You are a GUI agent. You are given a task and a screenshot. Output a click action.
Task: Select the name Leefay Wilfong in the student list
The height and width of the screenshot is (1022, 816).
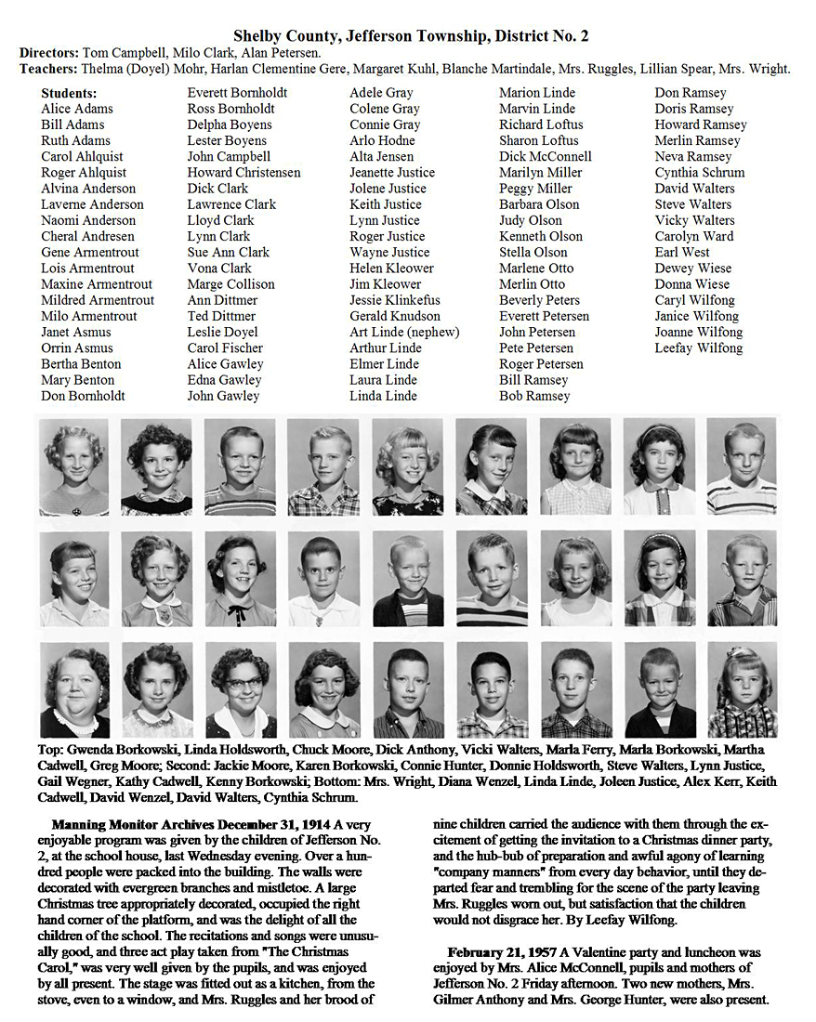pos(698,347)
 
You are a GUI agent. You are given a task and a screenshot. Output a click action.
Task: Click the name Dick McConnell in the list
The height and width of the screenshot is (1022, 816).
pos(545,156)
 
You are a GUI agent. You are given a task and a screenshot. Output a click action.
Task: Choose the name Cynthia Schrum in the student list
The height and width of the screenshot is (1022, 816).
pos(699,172)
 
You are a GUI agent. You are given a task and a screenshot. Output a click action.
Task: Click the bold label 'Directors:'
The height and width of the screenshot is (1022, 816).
pos(49,53)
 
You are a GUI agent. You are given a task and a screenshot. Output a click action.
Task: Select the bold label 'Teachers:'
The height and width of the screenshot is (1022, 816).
pos(48,69)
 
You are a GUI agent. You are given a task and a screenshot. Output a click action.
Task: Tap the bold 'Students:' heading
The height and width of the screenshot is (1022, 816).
pos(69,93)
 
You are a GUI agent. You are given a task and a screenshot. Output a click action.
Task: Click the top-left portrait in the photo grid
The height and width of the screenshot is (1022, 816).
pos(74,466)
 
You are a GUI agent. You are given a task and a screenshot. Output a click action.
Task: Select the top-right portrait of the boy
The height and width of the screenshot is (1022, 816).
pos(742,466)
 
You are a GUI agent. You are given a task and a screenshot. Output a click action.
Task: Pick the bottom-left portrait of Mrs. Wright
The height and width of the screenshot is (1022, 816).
pos(74,689)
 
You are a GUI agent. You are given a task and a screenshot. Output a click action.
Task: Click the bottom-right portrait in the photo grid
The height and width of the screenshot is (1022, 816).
pos(742,689)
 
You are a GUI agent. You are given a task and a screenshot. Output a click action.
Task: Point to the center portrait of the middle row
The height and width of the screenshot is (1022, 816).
pos(407,579)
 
